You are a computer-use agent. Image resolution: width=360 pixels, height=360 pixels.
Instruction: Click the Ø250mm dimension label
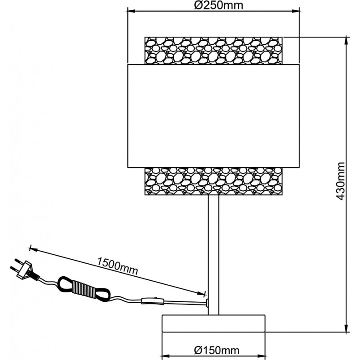(219, 5)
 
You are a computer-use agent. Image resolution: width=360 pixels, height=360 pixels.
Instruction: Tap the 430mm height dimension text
(340, 181)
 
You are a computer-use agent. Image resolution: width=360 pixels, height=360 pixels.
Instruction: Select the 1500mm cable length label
(118, 266)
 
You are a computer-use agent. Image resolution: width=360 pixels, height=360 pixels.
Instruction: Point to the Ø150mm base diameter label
(217, 350)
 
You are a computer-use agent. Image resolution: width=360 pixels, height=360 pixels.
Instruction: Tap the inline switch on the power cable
(153, 301)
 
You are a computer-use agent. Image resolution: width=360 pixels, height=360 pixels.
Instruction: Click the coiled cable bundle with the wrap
(84, 289)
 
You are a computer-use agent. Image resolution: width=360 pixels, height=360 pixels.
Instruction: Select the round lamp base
(214, 323)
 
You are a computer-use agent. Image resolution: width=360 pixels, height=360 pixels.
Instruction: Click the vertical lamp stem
(214, 255)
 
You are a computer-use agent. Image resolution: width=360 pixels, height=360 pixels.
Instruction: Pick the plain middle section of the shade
(214, 116)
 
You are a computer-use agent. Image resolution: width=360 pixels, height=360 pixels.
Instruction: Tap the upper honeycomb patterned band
(214, 51)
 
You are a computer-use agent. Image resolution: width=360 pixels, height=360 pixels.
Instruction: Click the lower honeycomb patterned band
(214, 181)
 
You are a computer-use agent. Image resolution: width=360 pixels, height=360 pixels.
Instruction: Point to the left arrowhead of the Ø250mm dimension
(131, 11)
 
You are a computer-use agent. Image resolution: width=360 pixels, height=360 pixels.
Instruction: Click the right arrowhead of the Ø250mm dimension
(296, 11)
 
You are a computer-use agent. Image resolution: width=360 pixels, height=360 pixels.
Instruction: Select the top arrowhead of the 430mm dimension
(347, 41)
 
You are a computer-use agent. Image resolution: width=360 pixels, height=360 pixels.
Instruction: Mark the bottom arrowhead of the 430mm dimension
(347, 328)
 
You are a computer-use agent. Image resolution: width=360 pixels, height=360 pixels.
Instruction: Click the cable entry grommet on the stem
(207, 303)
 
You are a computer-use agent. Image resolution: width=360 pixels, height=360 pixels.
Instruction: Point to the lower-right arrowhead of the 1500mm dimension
(201, 293)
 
